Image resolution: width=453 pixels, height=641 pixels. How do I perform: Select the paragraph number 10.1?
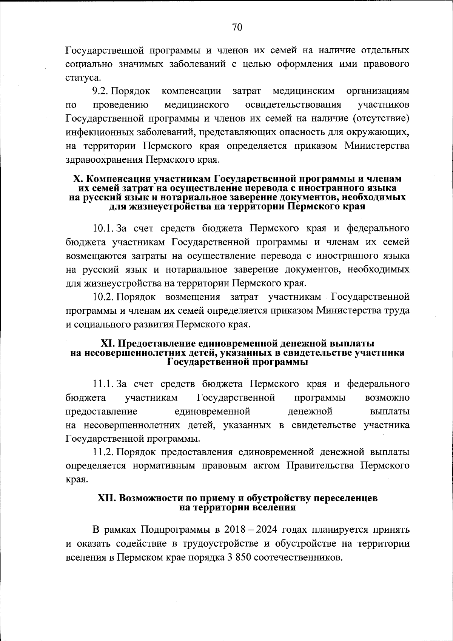tap(103, 228)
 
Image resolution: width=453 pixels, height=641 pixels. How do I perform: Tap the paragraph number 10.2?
tap(103, 297)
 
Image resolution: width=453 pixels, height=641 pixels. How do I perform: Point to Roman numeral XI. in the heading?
tap(108, 344)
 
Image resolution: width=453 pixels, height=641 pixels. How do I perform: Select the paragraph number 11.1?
tap(103, 384)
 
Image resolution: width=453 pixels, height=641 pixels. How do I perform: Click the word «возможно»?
tap(387, 398)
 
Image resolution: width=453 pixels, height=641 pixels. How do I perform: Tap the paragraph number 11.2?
tap(103, 451)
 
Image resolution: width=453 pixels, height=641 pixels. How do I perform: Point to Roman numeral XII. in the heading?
tap(107, 498)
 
